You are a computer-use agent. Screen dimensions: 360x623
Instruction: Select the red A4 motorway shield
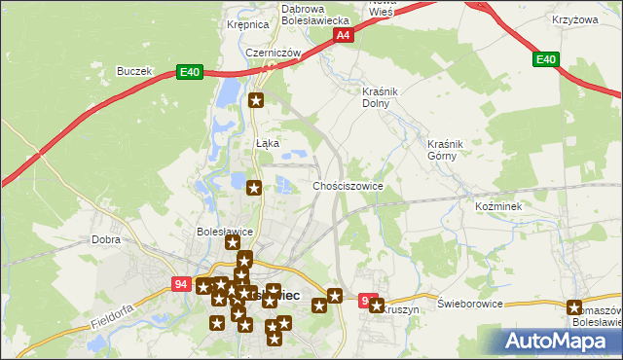pos(343,36)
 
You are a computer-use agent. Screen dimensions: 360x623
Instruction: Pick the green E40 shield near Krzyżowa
pos(546,60)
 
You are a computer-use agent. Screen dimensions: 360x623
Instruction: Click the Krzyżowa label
pos(573,19)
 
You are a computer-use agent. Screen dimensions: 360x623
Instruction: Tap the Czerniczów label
pos(271,54)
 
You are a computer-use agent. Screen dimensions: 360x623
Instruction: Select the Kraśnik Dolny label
pos(376,96)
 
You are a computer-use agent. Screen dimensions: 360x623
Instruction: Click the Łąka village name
pos(268,143)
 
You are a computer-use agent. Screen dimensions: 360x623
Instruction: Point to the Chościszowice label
pos(348,185)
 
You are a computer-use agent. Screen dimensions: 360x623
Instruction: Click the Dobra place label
pos(105,239)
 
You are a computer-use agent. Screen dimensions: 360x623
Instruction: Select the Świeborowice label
pos(469,304)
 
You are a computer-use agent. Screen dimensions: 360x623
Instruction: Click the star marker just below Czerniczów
pos(257,99)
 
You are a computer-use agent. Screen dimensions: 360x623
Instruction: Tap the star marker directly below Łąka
pos(254,188)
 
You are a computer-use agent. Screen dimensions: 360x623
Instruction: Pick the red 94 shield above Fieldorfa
pos(179,284)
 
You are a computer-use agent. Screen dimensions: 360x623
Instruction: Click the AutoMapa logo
pos(562,341)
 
